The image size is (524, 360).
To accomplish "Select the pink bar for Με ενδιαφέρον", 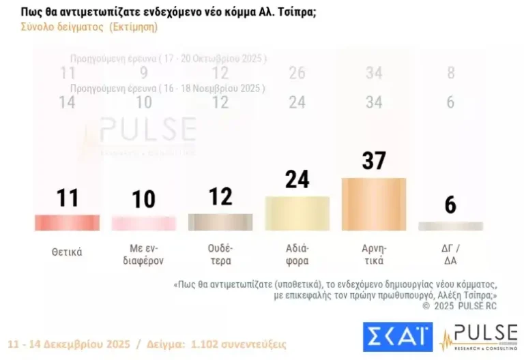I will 143,223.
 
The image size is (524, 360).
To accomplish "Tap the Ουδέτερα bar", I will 220,222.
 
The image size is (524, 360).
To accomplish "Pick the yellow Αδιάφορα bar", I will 297,213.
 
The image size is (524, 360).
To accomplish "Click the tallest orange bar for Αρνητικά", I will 373,204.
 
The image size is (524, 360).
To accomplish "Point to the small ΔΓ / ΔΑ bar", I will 450,226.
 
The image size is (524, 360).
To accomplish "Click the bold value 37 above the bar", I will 373,162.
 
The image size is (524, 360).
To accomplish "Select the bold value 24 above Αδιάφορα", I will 297,179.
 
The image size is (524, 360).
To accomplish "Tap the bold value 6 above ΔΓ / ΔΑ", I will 450,205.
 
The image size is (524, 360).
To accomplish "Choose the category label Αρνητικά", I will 373,254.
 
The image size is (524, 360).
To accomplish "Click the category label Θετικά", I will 67,252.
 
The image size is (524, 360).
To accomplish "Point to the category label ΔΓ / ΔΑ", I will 450,254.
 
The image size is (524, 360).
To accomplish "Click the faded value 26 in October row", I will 297,73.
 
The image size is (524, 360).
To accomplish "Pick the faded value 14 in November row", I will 67,102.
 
